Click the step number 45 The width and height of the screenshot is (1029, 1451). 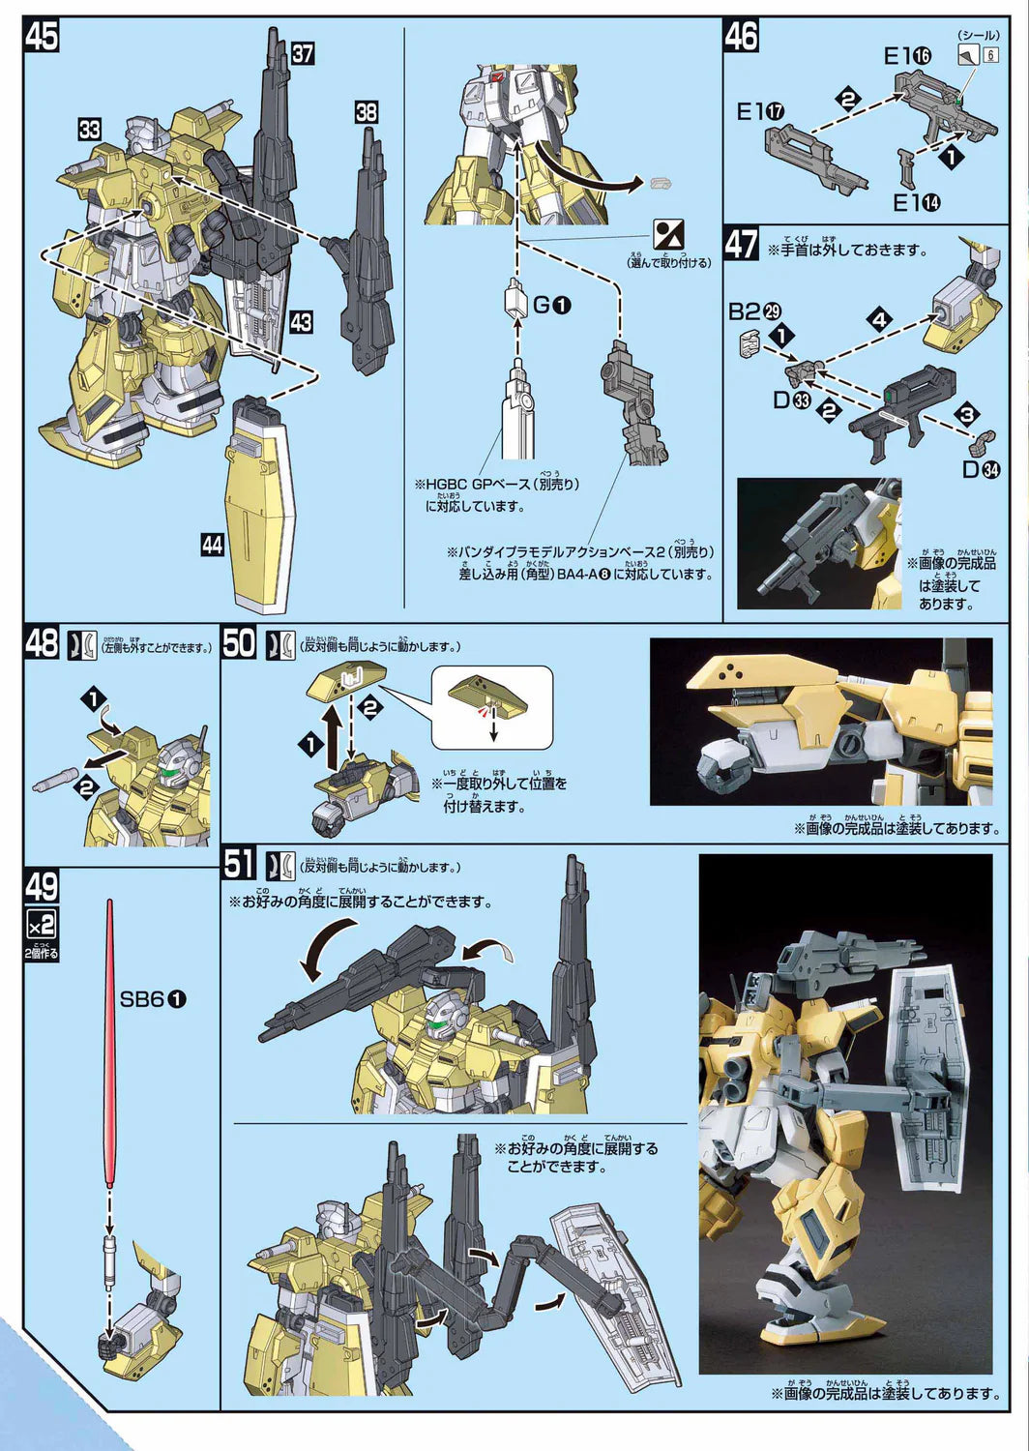point(43,37)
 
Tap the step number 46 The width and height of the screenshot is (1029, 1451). point(742,37)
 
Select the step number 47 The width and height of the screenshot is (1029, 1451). point(742,243)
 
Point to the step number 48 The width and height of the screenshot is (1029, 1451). point(42,643)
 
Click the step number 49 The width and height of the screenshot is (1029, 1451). point(42,887)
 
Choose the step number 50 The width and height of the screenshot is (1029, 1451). point(239,643)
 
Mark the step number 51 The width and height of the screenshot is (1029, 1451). point(239,863)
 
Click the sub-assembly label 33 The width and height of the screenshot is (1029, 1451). point(91,129)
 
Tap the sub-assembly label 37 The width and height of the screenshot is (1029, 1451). point(303,53)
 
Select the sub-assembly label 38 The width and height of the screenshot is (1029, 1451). point(366,112)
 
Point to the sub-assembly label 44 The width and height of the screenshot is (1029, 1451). point(212,545)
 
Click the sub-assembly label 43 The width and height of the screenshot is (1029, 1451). point(301,321)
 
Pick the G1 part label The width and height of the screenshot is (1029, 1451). point(552,306)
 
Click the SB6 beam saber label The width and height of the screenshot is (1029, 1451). point(153,999)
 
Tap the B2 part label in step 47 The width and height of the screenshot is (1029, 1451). point(754,311)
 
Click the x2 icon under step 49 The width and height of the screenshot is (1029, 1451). point(42,923)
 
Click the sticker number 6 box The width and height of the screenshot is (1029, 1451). point(990,54)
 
